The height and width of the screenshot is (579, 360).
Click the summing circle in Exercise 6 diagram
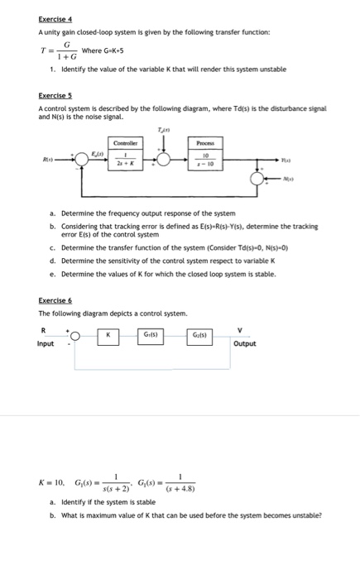point(74,336)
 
